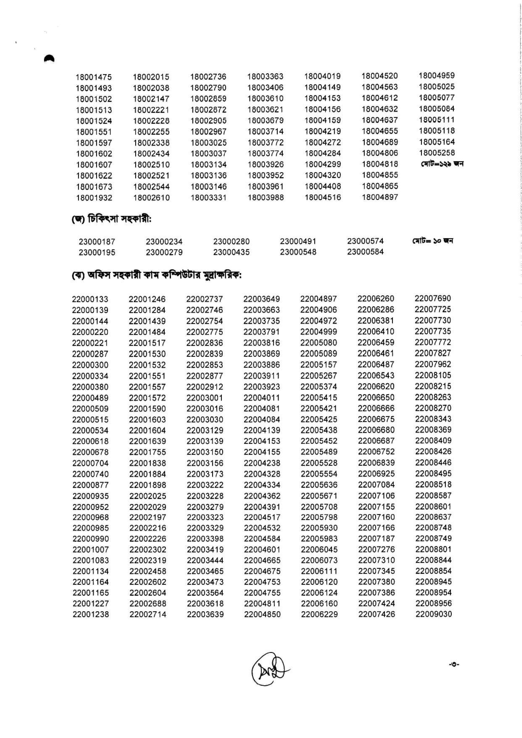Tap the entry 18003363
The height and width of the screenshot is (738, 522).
coord(265,77)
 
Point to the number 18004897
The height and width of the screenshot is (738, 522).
coord(380,197)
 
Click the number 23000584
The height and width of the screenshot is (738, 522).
coord(365,252)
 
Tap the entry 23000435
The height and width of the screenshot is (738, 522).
coord(231,252)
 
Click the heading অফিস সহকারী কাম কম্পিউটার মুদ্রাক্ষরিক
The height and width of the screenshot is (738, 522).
coord(157,276)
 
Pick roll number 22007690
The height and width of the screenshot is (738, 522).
coord(433,299)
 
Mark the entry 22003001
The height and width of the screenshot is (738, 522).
coord(204,398)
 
